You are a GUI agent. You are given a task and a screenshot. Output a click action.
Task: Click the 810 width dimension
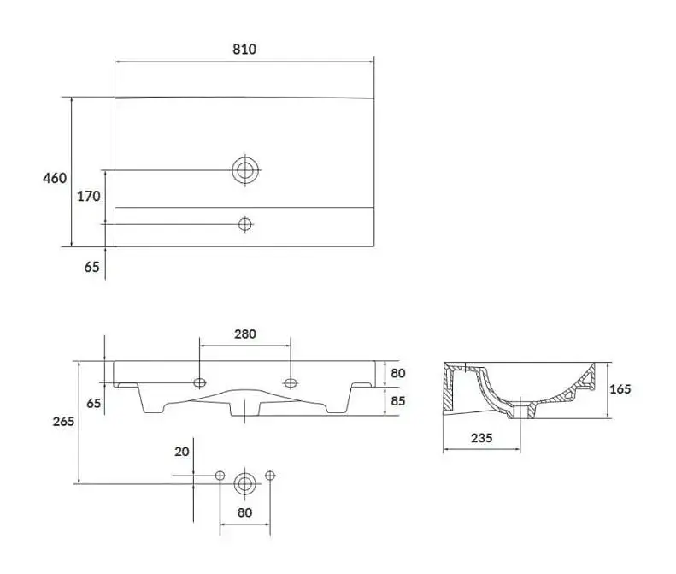pos(244,50)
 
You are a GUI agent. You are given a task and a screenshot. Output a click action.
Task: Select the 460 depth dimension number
pos(55,178)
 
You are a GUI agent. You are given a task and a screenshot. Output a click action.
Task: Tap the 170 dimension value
pos(88,197)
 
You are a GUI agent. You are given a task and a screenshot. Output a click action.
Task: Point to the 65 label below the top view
pos(91,267)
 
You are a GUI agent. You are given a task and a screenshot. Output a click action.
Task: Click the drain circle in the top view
pos(245,170)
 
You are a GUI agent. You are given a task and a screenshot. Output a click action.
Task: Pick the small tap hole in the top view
pos(245,224)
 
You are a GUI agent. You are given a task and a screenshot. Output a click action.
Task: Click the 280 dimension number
pos(245,334)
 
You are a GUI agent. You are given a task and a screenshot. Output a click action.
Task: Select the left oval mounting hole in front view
pos(200,382)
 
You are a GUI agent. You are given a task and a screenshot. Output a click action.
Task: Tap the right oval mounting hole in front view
pos(291,382)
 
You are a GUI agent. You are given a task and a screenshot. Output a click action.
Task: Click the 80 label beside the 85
pos(398,373)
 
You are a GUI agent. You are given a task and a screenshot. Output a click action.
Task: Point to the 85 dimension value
pos(398,401)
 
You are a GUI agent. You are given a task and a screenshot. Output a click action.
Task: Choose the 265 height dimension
pos(63,421)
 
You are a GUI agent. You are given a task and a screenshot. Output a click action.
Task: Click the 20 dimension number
pos(182,452)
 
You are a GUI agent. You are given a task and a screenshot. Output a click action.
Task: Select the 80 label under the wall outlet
pos(244,512)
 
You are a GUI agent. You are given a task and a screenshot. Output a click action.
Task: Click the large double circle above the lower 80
pos(245,484)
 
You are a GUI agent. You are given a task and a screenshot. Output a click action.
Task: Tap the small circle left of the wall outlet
pos(220,476)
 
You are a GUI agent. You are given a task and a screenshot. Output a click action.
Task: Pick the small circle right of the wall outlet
pos(270,476)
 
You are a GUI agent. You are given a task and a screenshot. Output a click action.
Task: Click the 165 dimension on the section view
pos(620,389)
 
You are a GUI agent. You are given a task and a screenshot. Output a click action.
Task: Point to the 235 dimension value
pos(481,438)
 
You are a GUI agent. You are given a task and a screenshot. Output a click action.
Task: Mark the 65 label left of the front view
pos(93,403)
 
